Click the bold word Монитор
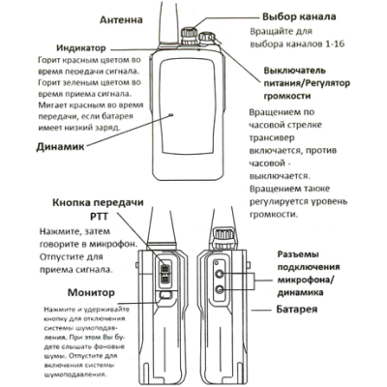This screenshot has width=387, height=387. click(x=65, y=293)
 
